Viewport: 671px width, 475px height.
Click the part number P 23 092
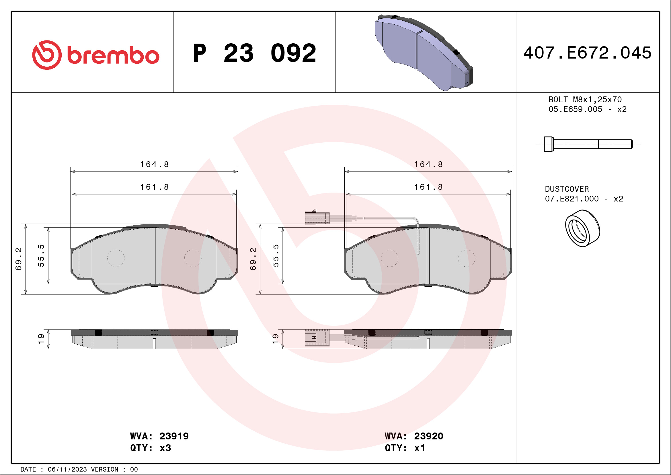tap(255, 53)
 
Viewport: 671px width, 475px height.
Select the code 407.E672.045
tap(588, 53)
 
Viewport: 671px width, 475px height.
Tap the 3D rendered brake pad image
tap(424, 53)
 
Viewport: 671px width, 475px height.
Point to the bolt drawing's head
tap(548, 144)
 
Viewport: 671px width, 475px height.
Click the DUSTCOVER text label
tap(567, 189)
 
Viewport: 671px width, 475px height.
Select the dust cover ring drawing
tap(582, 228)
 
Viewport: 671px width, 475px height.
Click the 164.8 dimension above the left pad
tap(154, 164)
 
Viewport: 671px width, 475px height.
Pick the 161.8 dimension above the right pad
tap(428, 187)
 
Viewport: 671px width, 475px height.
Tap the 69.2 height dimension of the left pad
tap(18, 259)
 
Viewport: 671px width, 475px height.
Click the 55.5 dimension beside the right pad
tap(275, 255)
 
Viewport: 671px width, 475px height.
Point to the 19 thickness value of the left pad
tap(41, 339)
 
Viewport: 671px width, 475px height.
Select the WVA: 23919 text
tap(159, 436)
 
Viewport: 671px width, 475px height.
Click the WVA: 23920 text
tap(414, 436)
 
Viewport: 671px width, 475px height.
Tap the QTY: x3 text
tap(151, 448)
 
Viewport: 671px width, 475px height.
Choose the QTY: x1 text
tap(405, 448)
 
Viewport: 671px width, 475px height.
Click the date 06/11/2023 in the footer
tap(67, 470)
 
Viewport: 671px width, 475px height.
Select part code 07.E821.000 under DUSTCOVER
tap(571, 199)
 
